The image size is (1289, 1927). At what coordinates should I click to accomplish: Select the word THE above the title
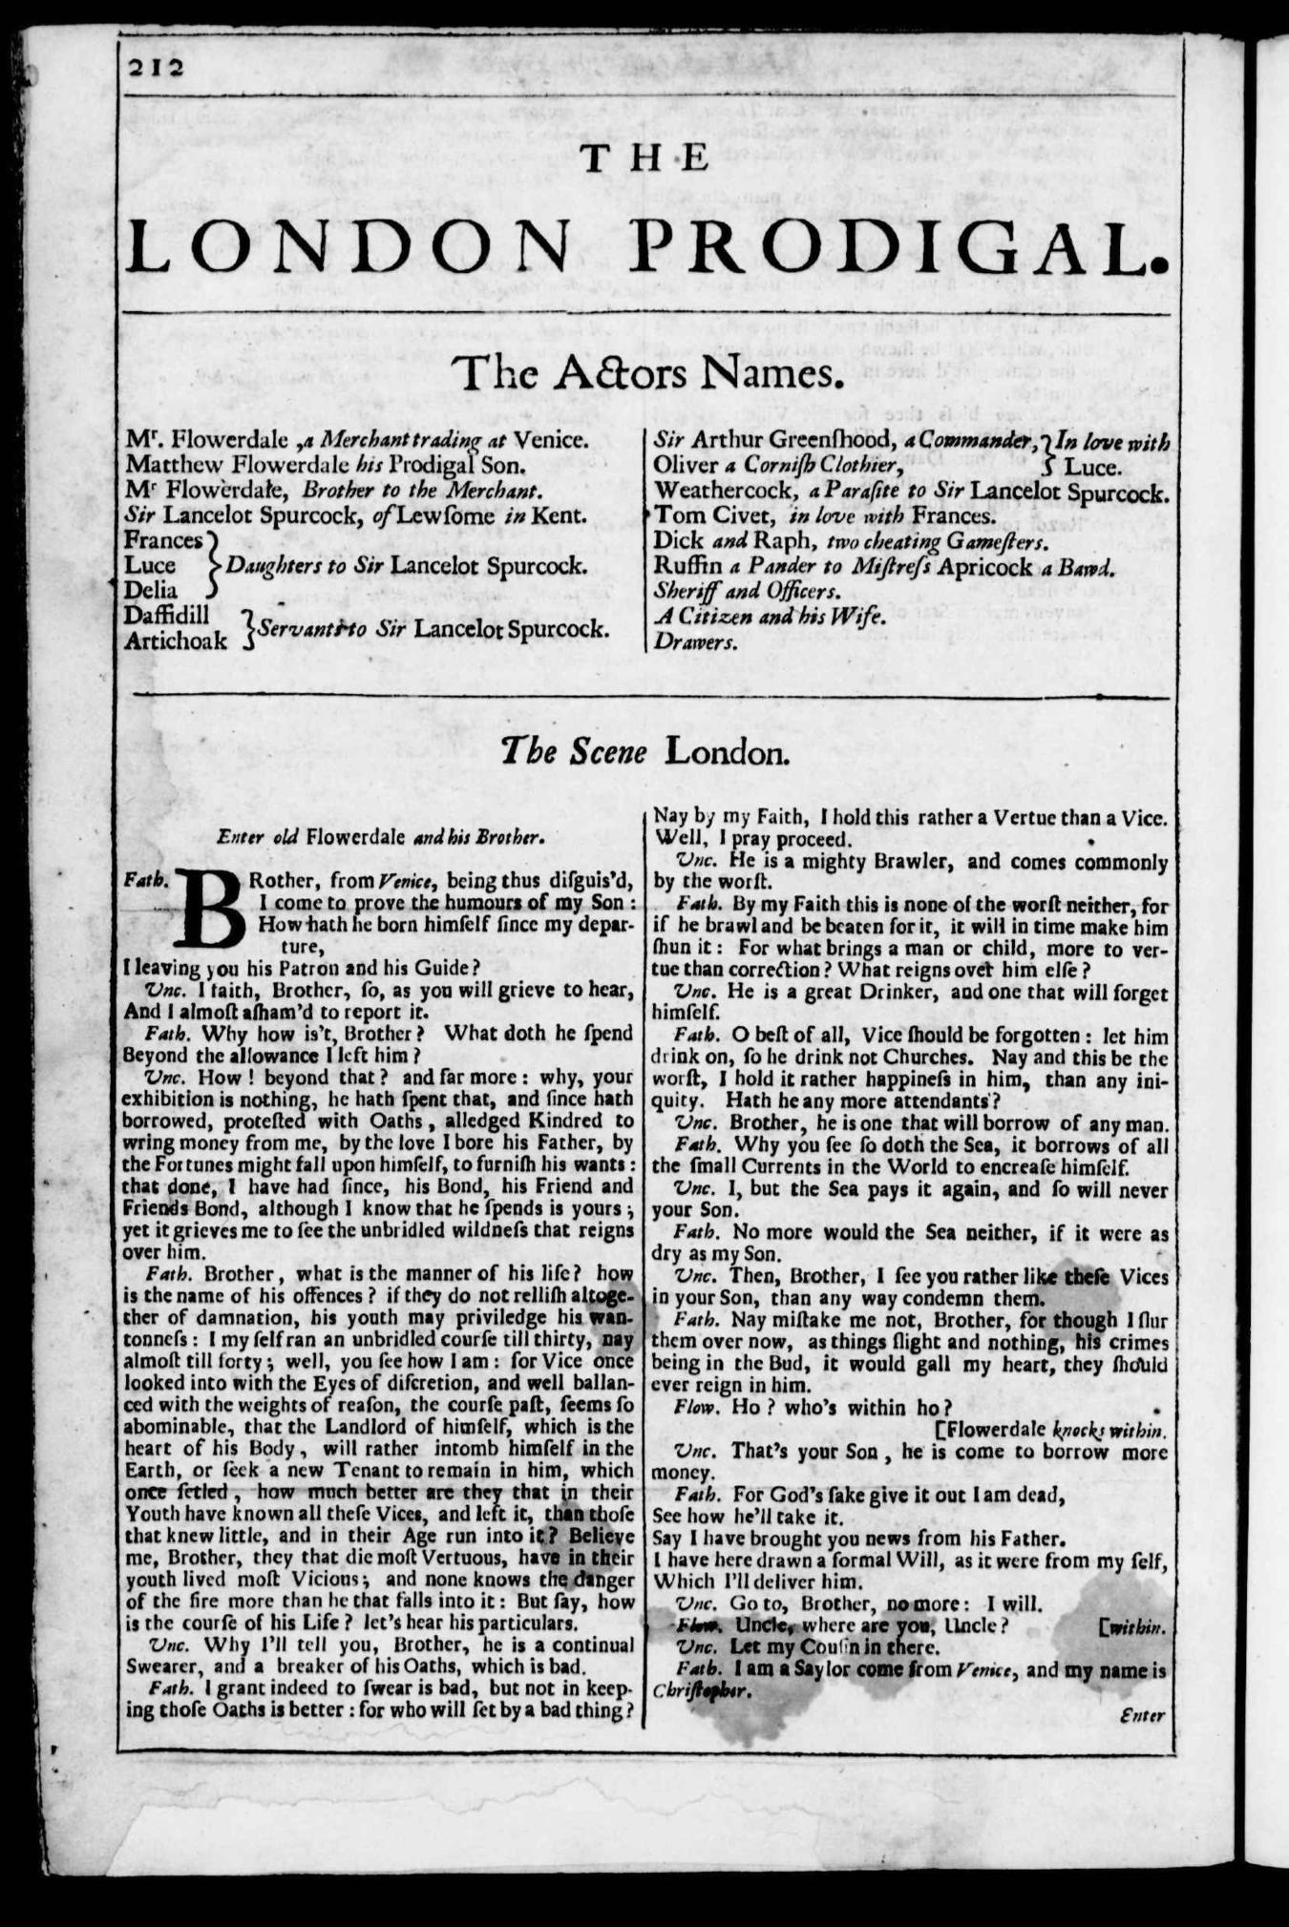[645, 158]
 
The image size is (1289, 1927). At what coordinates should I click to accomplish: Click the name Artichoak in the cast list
[176, 640]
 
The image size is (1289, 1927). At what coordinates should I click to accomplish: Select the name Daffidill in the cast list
[167, 616]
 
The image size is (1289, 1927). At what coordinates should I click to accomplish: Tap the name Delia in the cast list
[151, 590]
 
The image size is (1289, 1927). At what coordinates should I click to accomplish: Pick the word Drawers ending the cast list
[696, 642]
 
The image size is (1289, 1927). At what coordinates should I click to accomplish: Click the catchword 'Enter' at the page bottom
[1144, 1715]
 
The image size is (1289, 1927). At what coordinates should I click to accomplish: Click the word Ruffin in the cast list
[682, 567]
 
